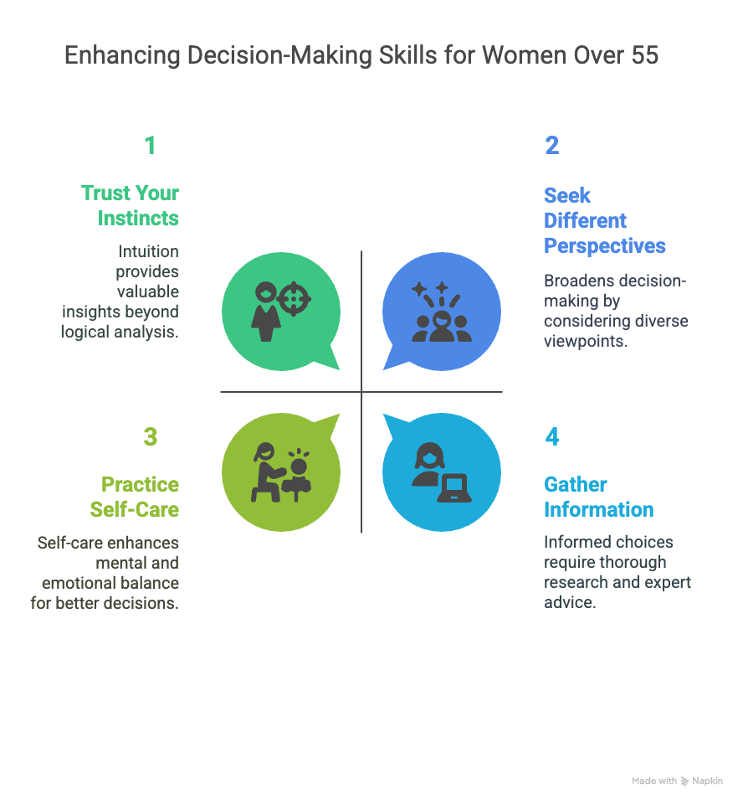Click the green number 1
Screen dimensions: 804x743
150,146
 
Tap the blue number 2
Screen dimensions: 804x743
551,146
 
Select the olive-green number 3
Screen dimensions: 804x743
150,437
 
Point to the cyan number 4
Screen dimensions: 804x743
551,437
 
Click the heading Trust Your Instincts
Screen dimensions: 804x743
131,205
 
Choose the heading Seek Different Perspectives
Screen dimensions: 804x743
604,220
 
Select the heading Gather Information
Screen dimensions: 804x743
598,497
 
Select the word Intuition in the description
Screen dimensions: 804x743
147,251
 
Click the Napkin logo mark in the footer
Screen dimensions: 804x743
684,781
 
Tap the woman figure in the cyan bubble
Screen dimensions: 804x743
428,467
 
